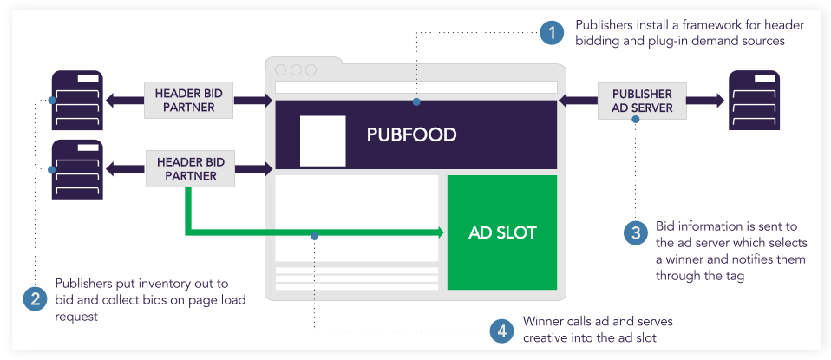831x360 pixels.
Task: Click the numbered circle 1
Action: click(x=551, y=34)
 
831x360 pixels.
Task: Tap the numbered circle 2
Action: click(x=35, y=299)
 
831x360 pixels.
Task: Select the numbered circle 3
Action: click(x=635, y=232)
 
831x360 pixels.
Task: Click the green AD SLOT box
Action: click(x=501, y=232)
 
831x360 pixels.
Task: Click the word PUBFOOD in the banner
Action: click(x=411, y=135)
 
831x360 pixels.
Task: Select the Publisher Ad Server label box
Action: click(x=642, y=101)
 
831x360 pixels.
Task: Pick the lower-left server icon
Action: click(x=77, y=169)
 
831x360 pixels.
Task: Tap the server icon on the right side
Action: click(x=754, y=101)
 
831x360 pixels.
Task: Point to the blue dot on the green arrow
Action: click(x=315, y=235)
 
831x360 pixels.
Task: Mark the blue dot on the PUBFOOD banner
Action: click(x=416, y=102)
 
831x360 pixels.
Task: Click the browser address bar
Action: click(x=415, y=87)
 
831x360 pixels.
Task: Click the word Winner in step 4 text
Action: click(x=543, y=321)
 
